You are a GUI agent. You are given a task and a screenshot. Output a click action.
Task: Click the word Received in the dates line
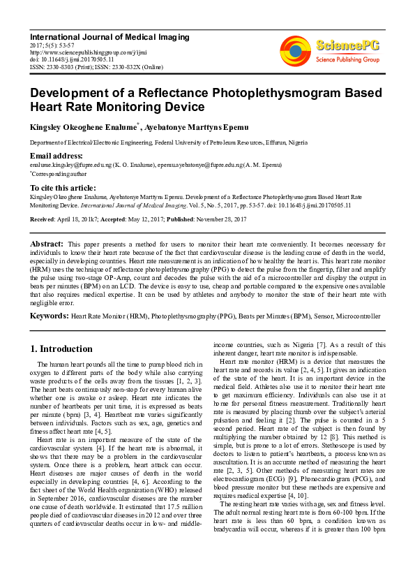point(43,219)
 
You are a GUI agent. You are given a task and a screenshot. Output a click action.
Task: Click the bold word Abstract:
point(47,243)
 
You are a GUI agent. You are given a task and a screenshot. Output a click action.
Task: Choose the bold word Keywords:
point(49,316)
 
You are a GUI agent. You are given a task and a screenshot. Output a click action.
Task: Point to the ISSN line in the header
point(96,66)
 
